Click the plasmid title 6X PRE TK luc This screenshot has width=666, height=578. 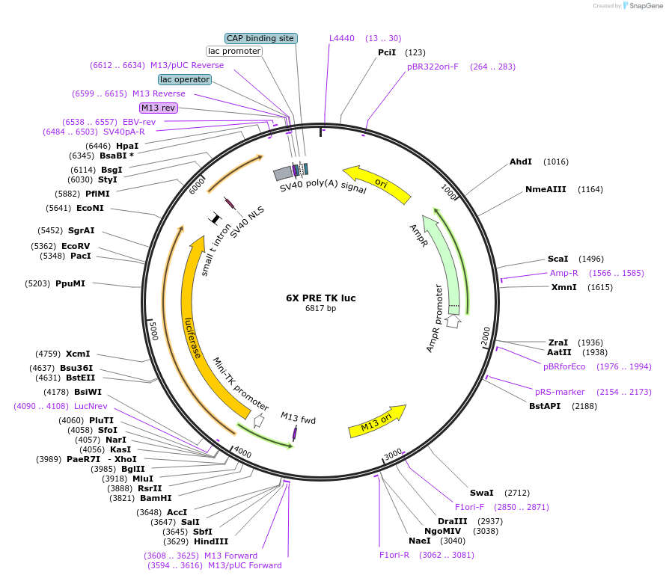320,298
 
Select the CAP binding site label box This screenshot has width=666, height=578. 261,38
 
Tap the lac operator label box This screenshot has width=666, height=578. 184,79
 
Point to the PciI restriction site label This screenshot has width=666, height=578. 387,52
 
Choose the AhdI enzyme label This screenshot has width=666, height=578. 521,162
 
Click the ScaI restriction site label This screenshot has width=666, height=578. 558,259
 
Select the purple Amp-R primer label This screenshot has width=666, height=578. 563,273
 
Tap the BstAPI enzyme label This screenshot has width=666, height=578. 544,406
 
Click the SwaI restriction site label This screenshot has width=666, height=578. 482,493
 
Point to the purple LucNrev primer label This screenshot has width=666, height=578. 91,406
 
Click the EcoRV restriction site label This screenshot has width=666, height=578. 76,245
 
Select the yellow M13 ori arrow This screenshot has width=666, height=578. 377,425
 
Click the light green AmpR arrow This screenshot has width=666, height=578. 443,262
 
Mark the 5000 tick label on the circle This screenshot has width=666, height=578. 153,330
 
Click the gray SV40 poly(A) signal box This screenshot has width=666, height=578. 282,174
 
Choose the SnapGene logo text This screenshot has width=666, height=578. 645,6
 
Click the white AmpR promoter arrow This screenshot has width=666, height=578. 453,322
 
